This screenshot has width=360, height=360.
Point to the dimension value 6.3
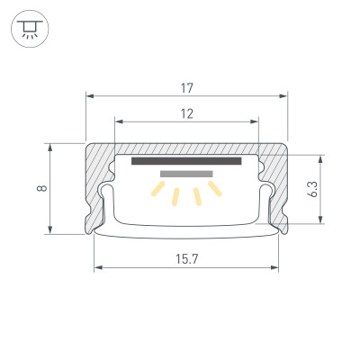point(311,189)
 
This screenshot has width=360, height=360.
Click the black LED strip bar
point(186,162)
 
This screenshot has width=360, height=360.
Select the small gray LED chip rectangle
point(186,173)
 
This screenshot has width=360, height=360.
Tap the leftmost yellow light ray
point(157,191)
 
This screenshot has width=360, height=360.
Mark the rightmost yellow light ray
point(214,188)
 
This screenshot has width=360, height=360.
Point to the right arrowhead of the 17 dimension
point(284,95)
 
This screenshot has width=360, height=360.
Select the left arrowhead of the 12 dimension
point(118,121)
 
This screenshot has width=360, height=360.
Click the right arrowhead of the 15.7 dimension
point(275,267)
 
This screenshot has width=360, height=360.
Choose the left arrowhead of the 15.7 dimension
point(96,267)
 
